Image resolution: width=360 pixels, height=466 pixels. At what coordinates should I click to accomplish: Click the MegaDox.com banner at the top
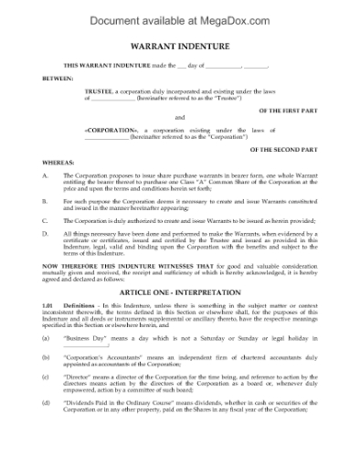[x=180, y=16]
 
